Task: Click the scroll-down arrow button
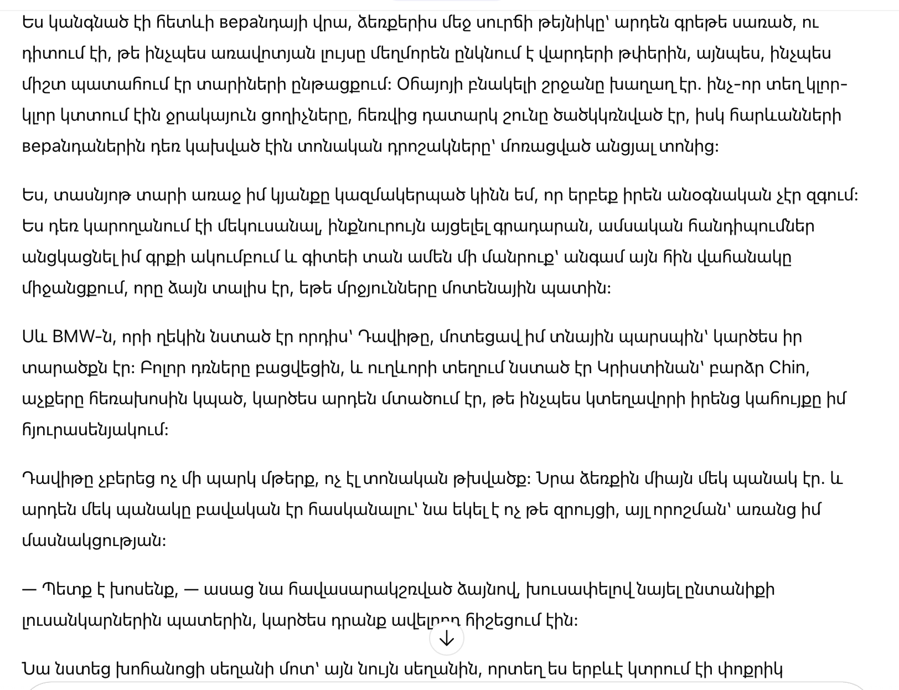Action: coord(446,639)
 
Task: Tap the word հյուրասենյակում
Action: coord(95,430)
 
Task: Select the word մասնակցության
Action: coord(94,541)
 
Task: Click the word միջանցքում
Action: coord(73,289)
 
